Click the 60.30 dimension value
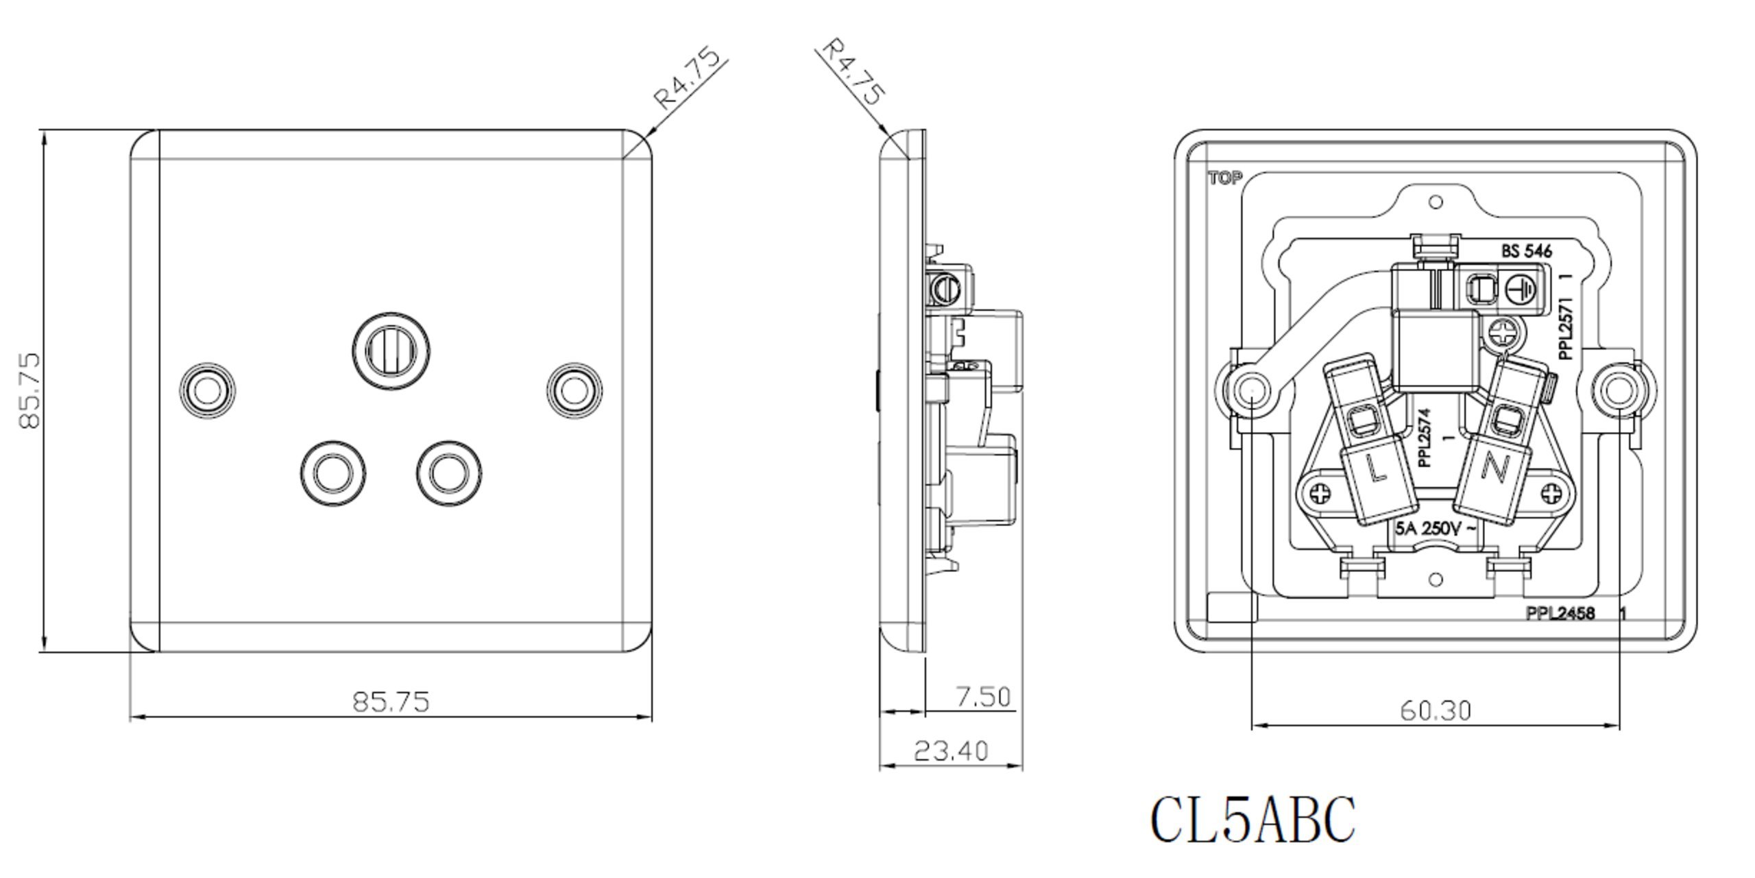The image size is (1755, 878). tap(1436, 711)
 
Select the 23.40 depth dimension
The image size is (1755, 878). tap(951, 751)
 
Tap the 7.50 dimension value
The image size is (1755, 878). tap(983, 697)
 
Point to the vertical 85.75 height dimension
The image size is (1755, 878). tap(29, 391)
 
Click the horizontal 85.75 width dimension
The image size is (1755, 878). tap(391, 702)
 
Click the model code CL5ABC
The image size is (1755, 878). tap(1252, 820)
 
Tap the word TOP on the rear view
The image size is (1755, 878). tap(1225, 179)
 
